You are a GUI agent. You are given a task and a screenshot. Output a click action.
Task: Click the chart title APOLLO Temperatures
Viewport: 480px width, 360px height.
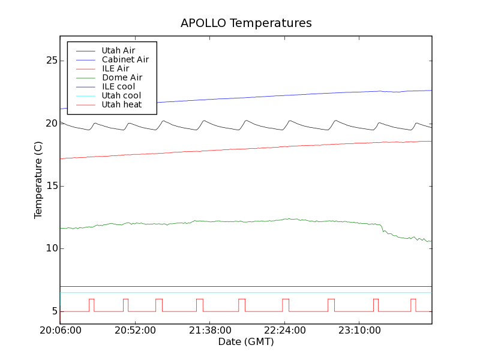(246, 23)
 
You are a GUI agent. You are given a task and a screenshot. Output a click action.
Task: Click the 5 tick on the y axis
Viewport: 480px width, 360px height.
(53, 311)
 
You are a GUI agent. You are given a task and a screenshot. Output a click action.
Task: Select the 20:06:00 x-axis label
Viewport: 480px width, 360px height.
(60, 331)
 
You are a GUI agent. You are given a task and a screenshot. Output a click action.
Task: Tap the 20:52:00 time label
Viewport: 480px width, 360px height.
(135, 331)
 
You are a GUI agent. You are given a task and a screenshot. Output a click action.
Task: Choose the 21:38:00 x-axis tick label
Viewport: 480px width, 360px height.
(209, 331)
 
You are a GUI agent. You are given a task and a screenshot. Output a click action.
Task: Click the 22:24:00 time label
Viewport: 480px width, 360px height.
(284, 331)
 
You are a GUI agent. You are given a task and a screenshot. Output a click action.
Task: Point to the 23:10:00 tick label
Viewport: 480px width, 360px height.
(359, 331)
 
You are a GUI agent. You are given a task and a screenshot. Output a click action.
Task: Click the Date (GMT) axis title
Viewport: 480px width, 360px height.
(246, 342)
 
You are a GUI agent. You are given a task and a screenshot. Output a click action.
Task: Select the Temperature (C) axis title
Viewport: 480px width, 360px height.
(38, 180)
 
